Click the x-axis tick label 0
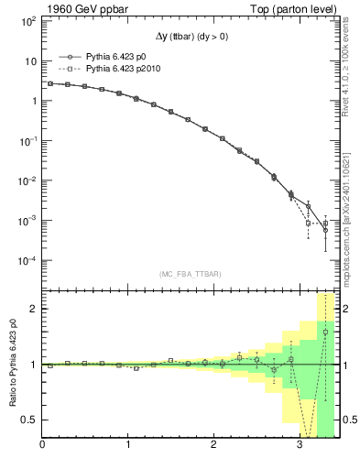(x=42, y=446)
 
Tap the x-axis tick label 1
(x=128, y=446)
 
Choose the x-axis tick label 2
(x=214, y=446)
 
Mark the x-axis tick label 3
(x=300, y=446)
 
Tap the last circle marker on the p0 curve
(x=325, y=231)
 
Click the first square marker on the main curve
(x=50, y=83)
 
